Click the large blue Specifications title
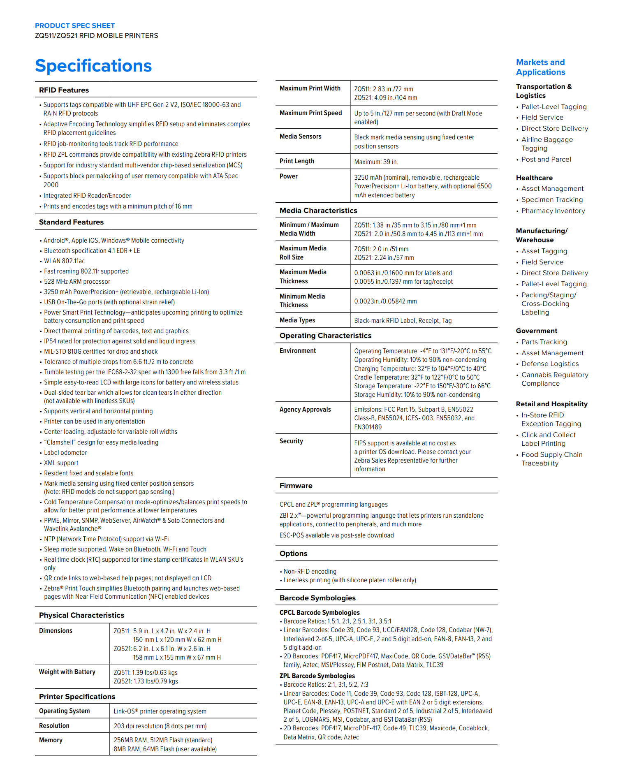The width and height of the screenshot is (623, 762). pos(93,66)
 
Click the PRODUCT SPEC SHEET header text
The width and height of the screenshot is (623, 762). pos(74,25)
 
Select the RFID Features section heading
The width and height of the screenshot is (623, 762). pos(64,90)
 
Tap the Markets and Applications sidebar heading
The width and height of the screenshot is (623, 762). pos(540,67)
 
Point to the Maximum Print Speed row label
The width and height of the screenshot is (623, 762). pos(310,113)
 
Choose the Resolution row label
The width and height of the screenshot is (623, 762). pos(54,726)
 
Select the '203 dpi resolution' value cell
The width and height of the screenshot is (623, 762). pos(160,726)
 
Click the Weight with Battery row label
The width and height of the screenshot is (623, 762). pos(67,672)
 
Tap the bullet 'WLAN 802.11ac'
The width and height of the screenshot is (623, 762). pos(64,261)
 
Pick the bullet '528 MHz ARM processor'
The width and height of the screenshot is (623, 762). pos(77,282)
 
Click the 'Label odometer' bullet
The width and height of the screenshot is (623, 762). pos(65,453)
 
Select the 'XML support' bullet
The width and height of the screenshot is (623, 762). pos(61,463)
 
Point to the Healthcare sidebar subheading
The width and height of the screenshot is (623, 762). pos(534,178)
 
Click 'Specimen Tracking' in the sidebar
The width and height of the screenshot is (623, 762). pos(552,200)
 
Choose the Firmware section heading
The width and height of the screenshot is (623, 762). pos(296,486)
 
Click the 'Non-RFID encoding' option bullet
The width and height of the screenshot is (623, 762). pos(310,572)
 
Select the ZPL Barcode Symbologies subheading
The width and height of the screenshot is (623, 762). pos(317,676)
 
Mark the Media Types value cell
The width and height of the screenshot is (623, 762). pos(403,321)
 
